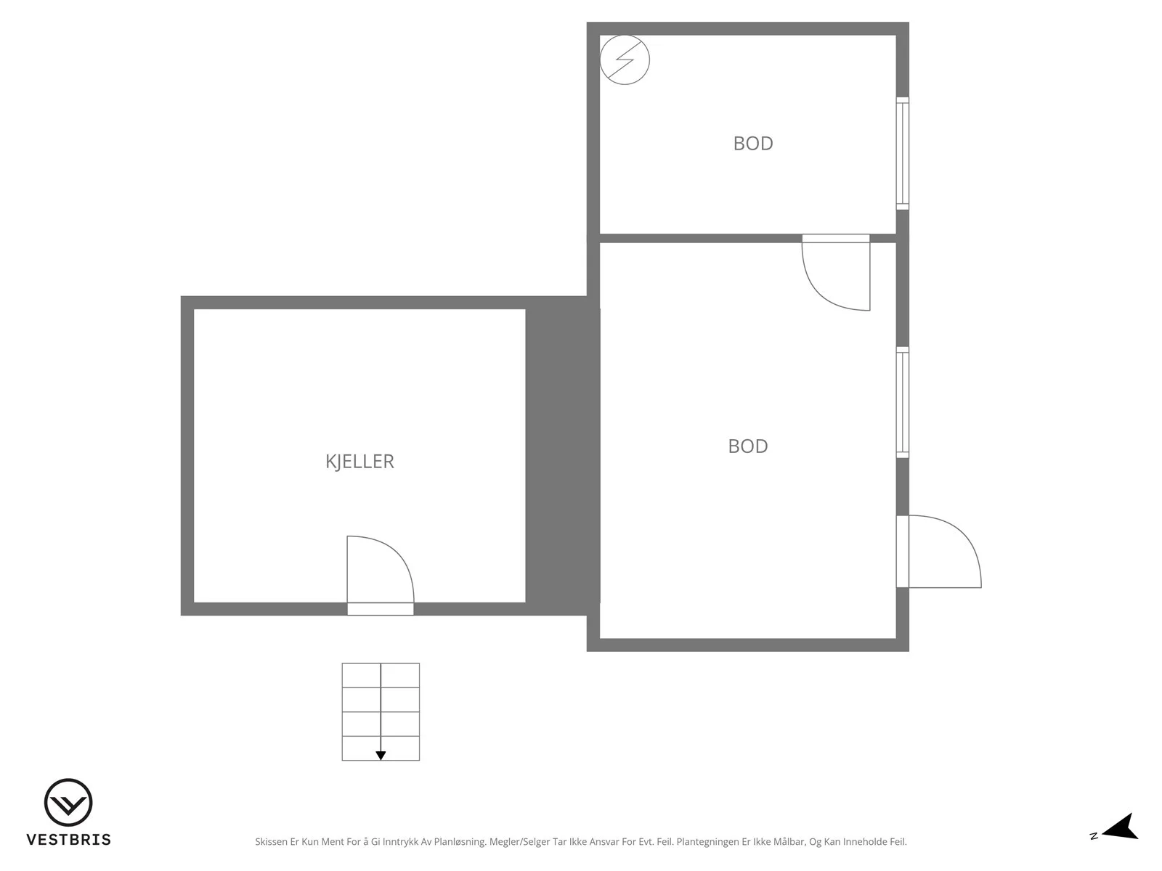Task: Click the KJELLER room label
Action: [x=359, y=462]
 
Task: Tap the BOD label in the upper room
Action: [x=753, y=143]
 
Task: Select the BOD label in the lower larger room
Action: [x=747, y=446]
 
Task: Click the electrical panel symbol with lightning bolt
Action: [x=625, y=60]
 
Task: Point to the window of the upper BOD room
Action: [x=902, y=153]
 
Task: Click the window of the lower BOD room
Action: [x=902, y=402]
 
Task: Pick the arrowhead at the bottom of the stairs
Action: [x=381, y=756]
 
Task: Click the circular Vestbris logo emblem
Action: [x=68, y=802]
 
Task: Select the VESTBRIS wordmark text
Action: [x=69, y=840]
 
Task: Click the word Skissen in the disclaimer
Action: [x=271, y=842]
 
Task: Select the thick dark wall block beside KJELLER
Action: [x=563, y=455]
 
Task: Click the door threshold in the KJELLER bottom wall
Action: [x=380, y=609]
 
